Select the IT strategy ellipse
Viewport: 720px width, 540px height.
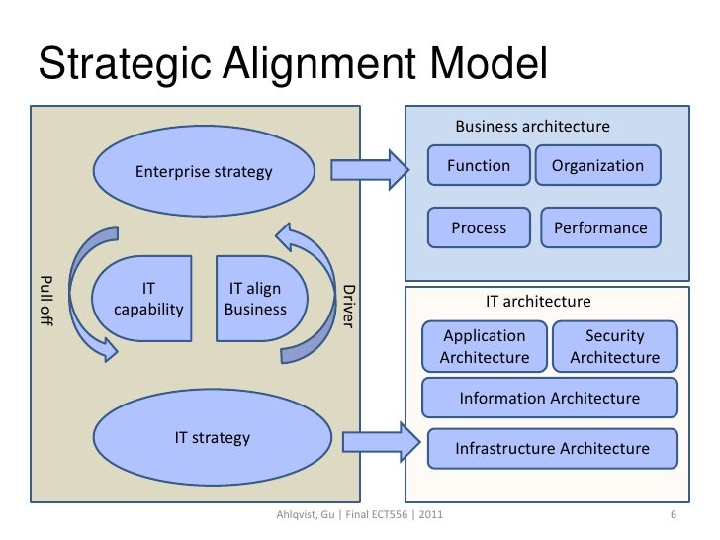coord(212,437)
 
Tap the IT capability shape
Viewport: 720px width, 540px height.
coord(148,299)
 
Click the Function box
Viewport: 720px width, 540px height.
coord(479,166)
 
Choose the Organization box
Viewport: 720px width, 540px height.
coord(597,166)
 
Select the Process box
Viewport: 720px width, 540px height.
coord(479,227)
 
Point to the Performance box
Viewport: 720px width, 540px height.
coord(600,227)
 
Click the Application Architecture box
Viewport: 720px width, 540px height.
coord(484,346)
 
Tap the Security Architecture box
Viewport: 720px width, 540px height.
coord(614,346)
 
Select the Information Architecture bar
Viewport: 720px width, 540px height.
coord(549,399)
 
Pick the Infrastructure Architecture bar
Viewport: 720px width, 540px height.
coord(552,449)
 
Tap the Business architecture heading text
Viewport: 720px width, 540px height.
coord(532,127)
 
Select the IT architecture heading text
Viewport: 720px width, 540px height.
coord(537,301)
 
